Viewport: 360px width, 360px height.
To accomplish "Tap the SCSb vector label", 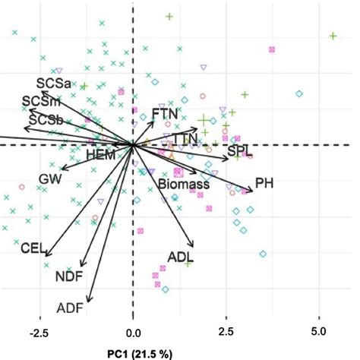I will [x=45, y=119].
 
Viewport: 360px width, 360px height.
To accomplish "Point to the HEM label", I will [x=101, y=154].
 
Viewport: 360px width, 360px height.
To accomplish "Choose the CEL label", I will [x=35, y=248].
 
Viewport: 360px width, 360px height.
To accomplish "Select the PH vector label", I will [x=264, y=183].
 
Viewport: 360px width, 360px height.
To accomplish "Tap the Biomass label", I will [x=184, y=184].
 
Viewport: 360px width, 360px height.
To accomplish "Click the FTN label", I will [x=165, y=113].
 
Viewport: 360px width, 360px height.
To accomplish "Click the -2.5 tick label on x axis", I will [x=39, y=333].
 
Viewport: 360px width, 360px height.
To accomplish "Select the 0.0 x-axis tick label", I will [x=133, y=333].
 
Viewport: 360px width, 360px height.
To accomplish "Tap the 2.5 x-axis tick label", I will [x=226, y=333].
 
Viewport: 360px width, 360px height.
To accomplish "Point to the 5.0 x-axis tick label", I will [x=318, y=333].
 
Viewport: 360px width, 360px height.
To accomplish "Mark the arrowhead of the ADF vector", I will [x=89, y=302].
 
